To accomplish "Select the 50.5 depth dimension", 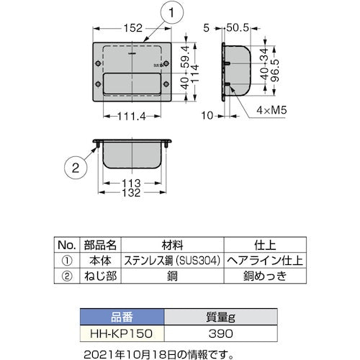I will point(233,28).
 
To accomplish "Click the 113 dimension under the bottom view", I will point(131,181).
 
